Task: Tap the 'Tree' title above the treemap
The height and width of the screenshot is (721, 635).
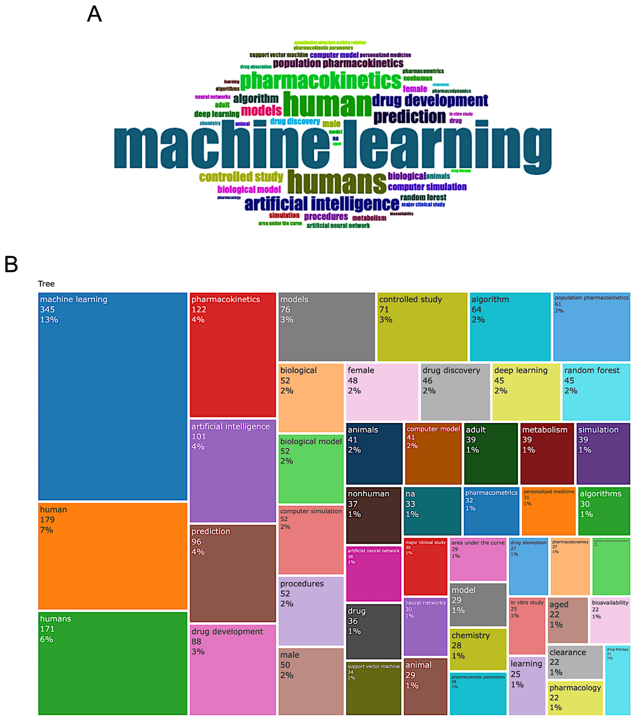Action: pyautogui.click(x=46, y=284)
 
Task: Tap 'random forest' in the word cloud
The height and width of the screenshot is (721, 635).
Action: pyautogui.click(x=423, y=197)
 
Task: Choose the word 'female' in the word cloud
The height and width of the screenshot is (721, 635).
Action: pyautogui.click(x=415, y=89)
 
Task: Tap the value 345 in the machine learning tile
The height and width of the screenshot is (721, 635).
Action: pyautogui.click(x=47, y=309)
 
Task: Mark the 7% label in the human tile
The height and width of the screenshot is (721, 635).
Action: pyautogui.click(x=46, y=530)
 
